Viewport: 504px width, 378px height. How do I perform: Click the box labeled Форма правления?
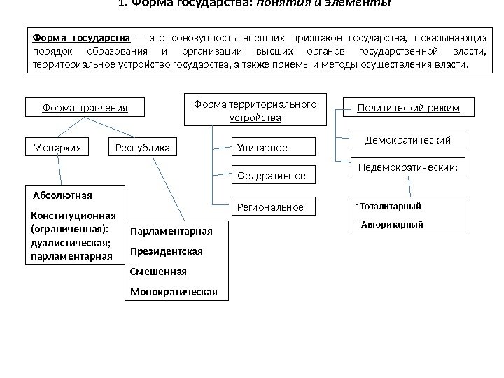(85, 108)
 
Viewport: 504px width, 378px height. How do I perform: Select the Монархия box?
(57, 148)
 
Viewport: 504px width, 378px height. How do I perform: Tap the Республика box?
(143, 148)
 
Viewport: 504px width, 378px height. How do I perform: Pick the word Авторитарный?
(391, 225)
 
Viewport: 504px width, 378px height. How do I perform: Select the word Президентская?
(167, 250)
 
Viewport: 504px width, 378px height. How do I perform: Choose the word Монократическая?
(174, 290)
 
